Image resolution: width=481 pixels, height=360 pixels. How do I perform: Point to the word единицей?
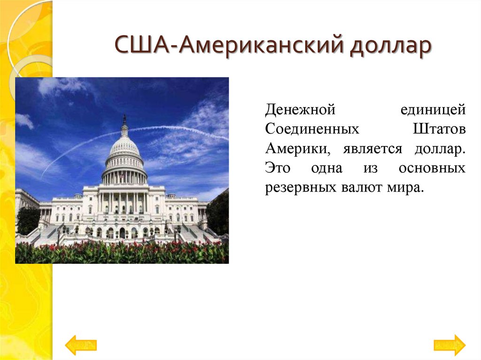(x=433, y=110)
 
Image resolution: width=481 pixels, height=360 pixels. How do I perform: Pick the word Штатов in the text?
(x=439, y=129)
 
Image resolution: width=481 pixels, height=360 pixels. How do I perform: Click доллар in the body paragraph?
(x=440, y=149)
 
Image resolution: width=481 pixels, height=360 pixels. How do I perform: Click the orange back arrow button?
(x=81, y=345)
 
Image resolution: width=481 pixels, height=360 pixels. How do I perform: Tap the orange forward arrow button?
(x=449, y=345)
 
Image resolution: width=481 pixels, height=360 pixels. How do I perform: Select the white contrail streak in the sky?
(x=178, y=129)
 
